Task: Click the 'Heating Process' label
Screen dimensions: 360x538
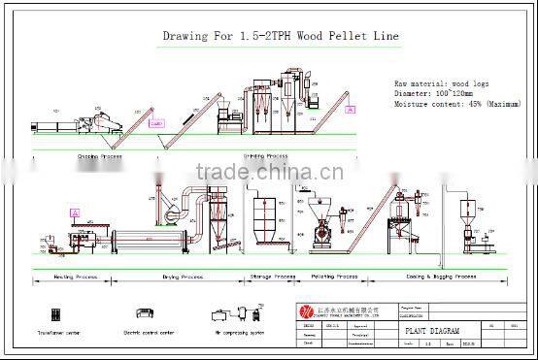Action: point(77,277)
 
